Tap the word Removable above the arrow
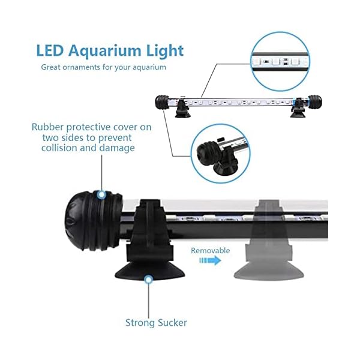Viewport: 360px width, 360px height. tap(211, 250)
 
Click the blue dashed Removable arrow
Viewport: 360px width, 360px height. tap(212, 261)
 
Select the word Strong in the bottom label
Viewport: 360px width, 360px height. tap(140, 323)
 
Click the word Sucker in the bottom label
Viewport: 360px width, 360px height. tap(172, 323)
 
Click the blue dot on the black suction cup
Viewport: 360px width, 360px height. tap(148, 278)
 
